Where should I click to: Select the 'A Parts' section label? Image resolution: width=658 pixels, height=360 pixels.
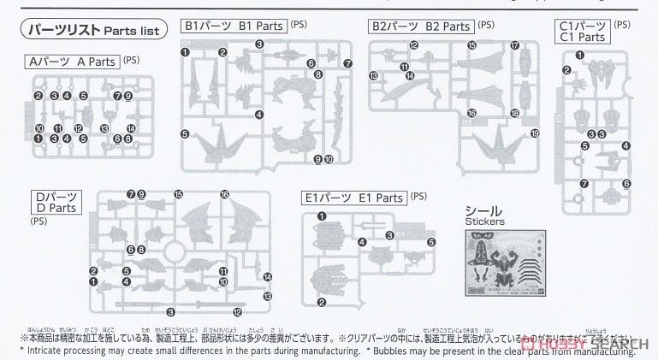(73, 62)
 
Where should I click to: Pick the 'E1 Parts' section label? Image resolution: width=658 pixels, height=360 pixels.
(354, 198)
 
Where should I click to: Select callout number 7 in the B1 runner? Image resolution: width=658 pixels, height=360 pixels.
(347, 64)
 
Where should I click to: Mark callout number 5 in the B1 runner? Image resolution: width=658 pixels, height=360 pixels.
(185, 133)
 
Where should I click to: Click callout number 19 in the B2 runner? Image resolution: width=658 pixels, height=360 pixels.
(535, 133)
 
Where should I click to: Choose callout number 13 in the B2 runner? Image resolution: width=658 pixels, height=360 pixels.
(374, 75)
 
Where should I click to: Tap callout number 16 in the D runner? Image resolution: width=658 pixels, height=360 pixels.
(225, 194)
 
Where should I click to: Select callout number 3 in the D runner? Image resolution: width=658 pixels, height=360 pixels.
(170, 311)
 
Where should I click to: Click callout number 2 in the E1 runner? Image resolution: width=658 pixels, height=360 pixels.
(321, 302)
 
